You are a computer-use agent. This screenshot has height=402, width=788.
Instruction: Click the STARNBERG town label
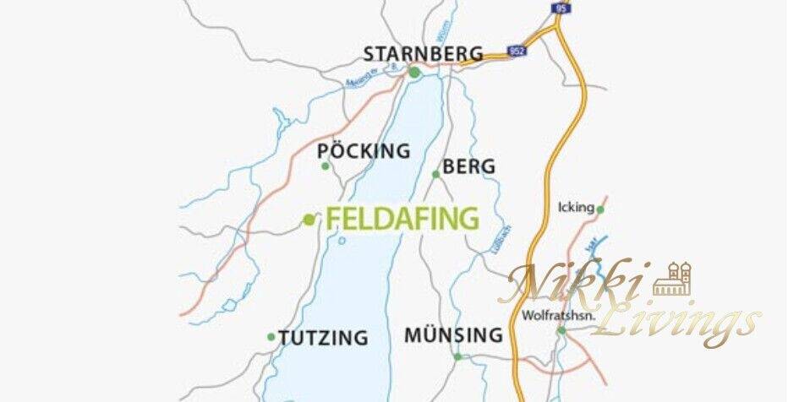pyautogui.click(x=423, y=54)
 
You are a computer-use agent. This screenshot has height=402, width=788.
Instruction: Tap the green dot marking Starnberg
pyautogui.click(x=414, y=73)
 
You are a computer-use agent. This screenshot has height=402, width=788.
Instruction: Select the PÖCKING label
pyautogui.click(x=364, y=152)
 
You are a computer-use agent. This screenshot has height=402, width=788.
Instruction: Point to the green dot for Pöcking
pyautogui.click(x=326, y=166)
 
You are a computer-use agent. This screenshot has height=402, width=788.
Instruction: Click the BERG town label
pyautogui.click(x=468, y=167)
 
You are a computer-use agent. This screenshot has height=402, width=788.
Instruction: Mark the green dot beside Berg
pyautogui.click(x=436, y=175)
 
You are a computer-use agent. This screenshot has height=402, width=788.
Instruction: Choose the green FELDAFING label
pyautogui.click(x=402, y=219)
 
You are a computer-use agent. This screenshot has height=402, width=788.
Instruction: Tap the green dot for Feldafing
pyautogui.click(x=309, y=220)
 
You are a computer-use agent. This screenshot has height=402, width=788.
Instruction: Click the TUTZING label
pyautogui.click(x=323, y=338)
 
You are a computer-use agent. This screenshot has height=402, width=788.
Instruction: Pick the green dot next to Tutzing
pyautogui.click(x=271, y=337)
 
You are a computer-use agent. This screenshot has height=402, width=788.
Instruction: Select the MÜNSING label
pyautogui.click(x=453, y=335)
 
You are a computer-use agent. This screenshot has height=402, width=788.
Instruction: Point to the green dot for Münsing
pyautogui.click(x=458, y=356)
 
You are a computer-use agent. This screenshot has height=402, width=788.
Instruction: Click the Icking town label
pyautogui.click(x=576, y=208)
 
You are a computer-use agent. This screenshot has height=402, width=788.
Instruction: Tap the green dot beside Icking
pyautogui.click(x=600, y=209)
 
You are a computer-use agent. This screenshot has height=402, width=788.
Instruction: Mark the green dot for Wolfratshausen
pyautogui.click(x=561, y=330)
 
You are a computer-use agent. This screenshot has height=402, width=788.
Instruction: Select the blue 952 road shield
pyautogui.click(x=517, y=52)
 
